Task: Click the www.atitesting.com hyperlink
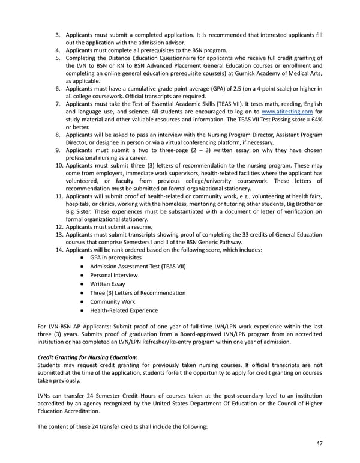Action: click(x=287, y=112)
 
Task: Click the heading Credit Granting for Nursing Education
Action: click(x=88, y=357)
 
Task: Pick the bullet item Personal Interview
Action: click(x=114, y=275)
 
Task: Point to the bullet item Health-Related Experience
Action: click(x=124, y=310)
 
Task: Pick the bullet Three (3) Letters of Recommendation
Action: click(x=137, y=292)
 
